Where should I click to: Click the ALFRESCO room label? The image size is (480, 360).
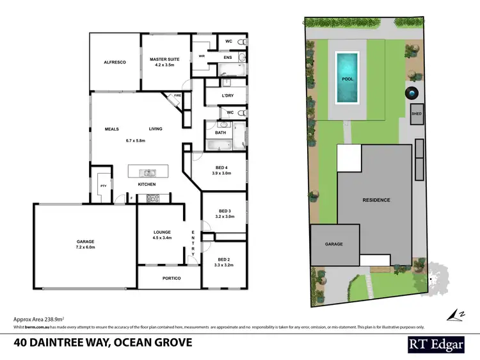coord(115,63)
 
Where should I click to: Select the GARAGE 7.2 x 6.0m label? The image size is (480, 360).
coord(85,243)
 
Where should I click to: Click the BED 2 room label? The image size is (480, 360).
coord(223,259)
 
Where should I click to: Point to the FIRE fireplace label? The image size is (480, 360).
coord(177,97)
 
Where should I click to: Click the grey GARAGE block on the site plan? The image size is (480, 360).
coord(334,244)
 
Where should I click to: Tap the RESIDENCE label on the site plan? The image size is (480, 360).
coord(376,200)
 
